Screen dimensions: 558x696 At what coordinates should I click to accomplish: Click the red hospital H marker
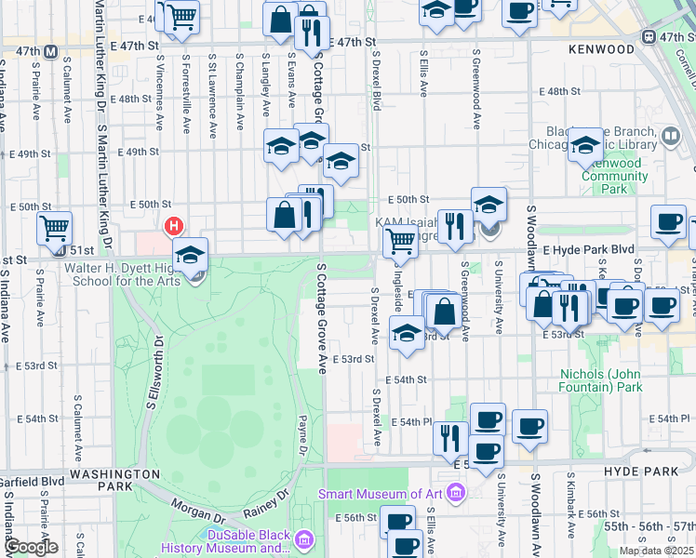click(173, 226)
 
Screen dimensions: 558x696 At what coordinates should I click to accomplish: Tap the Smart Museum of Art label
click(381, 493)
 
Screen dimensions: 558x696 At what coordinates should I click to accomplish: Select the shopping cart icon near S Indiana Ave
click(55, 227)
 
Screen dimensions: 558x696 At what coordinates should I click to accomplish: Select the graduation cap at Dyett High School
click(190, 254)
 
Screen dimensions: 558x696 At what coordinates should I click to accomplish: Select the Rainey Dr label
click(263, 503)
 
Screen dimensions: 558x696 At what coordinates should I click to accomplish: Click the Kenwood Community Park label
click(614, 176)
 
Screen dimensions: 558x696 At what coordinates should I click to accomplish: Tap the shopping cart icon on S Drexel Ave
click(400, 239)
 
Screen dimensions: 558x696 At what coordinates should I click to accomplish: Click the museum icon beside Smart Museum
click(455, 492)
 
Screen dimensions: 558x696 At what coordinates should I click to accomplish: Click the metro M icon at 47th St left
click(51, 50)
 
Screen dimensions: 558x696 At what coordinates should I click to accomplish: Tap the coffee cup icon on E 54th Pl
click(529, 426)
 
